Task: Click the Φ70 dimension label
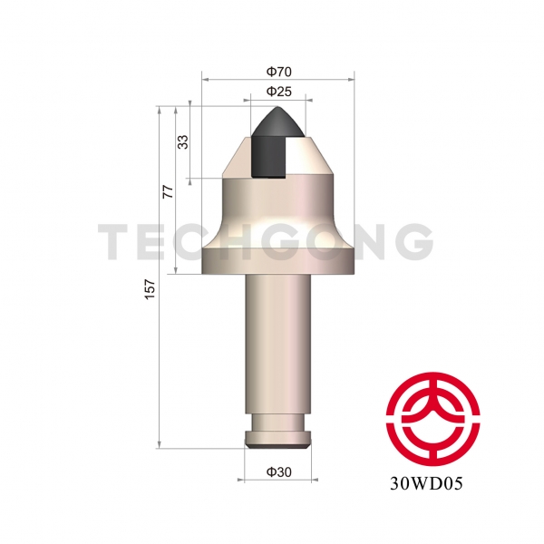point(278,70)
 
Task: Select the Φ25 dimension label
point(278,92)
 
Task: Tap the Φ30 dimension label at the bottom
point(278,471)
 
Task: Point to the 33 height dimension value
point(183,142)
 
